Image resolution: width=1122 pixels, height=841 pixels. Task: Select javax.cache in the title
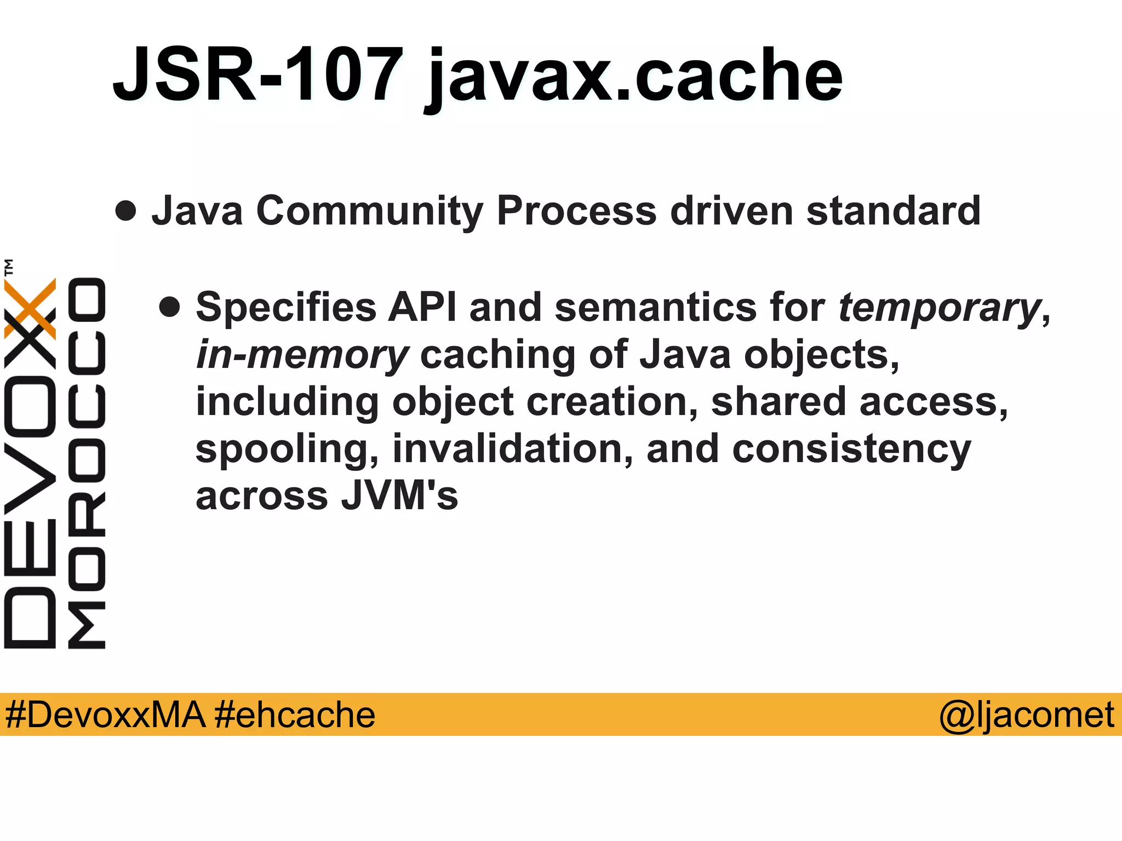click(633, 77)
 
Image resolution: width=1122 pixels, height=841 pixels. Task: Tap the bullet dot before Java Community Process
click(126, 211)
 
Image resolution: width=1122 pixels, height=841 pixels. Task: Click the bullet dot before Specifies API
click(170, 307)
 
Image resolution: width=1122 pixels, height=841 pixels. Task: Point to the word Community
click(369, 211)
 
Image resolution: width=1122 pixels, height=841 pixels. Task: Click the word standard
click(893, 211)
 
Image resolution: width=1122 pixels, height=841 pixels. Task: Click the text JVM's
click(399, 496)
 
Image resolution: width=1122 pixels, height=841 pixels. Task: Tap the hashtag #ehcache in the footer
click(295, 715)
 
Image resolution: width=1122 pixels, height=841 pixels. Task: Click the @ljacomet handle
click(1026, 715)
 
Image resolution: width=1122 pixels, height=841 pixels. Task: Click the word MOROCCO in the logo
click(87, 463)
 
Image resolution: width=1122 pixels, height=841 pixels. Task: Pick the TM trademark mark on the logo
click(9, 267)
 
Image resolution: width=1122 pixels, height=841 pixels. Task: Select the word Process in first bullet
click(576, 211)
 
